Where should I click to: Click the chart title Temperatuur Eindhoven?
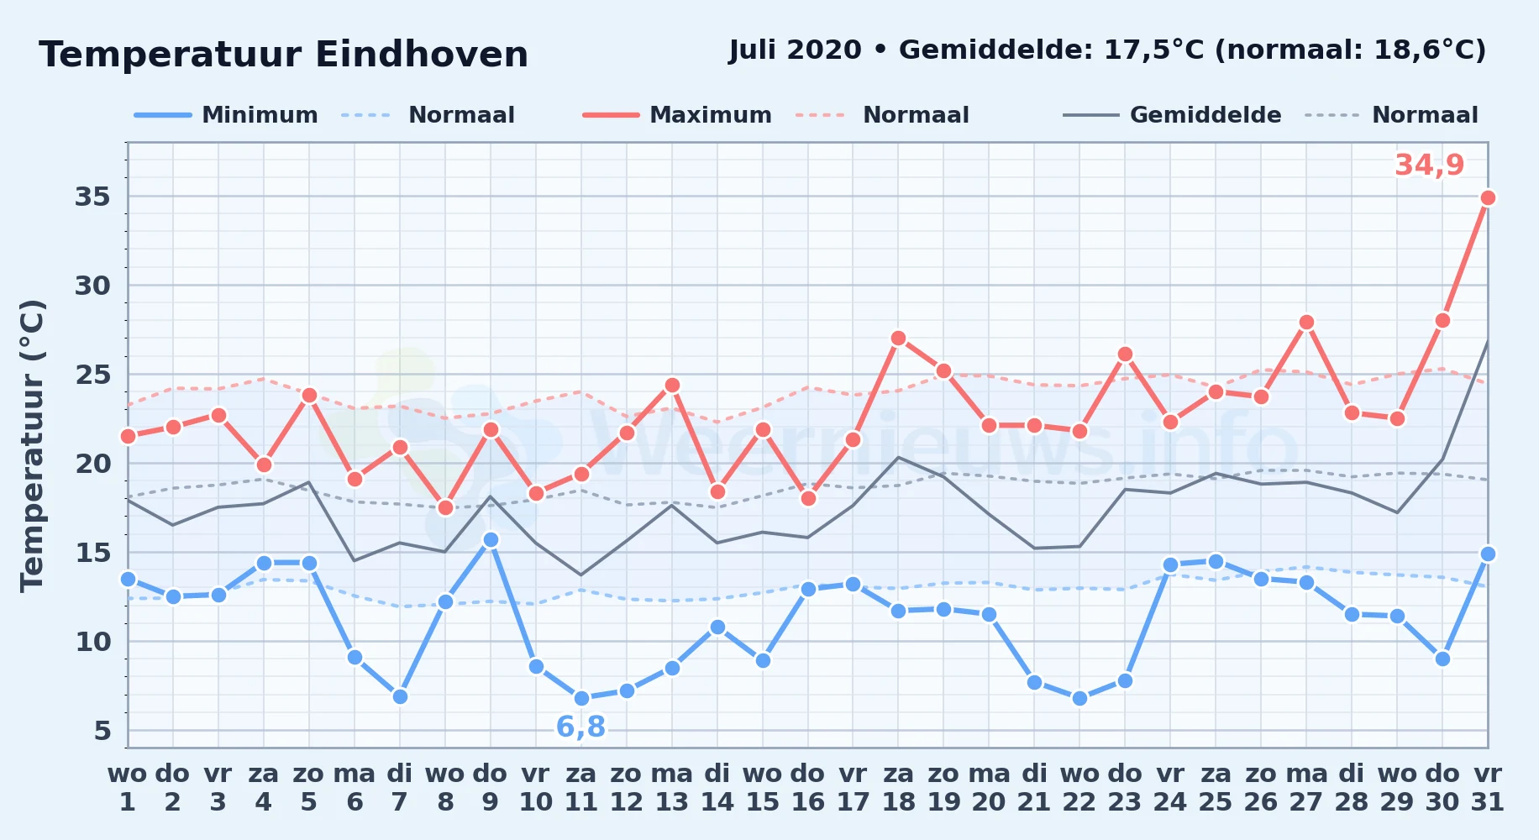click(x=284, y=55)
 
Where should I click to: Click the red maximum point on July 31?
click(x=1488, y=197)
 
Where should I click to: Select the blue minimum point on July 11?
click(x=581, y=698)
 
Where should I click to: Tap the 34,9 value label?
click(x=1430, y=165)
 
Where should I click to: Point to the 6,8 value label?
click(x=580, y=727)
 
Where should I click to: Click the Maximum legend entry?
click(x=678, y=115)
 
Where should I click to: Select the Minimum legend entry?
click(x=226, y=115)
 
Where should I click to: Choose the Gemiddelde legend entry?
click(x=1173, y=115)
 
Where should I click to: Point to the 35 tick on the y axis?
click(x=92, y=197)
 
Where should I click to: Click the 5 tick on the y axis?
click(x=102, y=731)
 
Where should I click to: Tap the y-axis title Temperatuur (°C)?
click(x=33, y=445)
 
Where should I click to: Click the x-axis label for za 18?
click(x=898, y=788)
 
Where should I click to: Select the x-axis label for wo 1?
click(x=128, y=788)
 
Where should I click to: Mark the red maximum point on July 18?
click(x=898, y=338)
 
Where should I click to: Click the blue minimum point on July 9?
click(x=491, y=539)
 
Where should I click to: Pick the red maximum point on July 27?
click(x=1306, y=322)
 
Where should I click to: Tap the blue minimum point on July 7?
click(x=400, y=696)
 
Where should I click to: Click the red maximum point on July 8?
click(x=445, y=507)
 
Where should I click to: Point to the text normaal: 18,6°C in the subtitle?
click(x=1351, y=50)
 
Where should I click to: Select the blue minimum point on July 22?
click(x=1079, y=698)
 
